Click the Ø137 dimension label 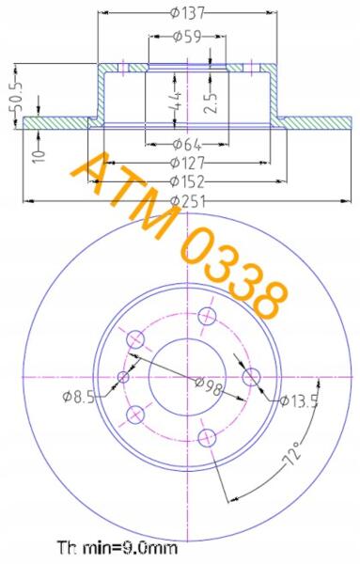(x=187, y=13)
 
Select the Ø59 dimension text (x=187, y=37)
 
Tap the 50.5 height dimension (x=15, y=97)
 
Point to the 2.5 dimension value (x=211, y=103)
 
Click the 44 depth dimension (x=176, y=102)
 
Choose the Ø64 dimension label (x=187, y=144)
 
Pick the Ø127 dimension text (x=187, y=163)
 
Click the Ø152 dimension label (x=187, y=181)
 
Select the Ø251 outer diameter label (x=188, y=201)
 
